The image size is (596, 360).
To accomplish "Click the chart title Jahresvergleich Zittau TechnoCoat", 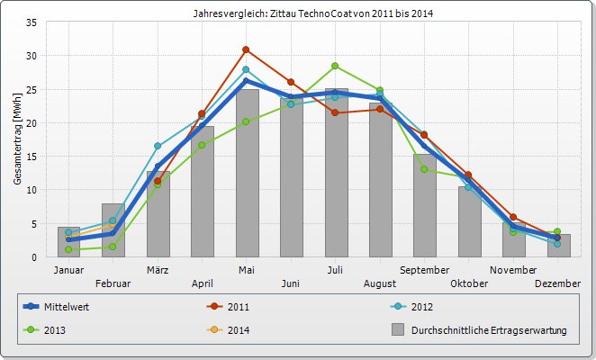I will tap(308, 13).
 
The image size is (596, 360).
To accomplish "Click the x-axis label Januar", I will tap(68, 270).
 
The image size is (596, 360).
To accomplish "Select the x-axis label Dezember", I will tap(558, 283).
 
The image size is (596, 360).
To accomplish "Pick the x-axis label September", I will tap(424, 270).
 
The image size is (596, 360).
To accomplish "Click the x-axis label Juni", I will tap(291, 283).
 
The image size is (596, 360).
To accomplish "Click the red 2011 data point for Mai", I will tap(246, 49).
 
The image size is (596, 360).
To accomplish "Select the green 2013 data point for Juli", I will tap(335, 66).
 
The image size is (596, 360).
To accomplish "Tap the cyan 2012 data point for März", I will tap(158, 146).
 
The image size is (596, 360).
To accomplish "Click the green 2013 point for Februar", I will tap(113, 247).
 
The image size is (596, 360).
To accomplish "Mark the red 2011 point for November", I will tap(513, 217).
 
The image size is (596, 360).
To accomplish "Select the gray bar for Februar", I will tap(113, 230).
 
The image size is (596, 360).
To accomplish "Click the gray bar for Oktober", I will tap(469, 221).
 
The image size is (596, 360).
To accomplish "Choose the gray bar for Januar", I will tap(68, 242).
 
